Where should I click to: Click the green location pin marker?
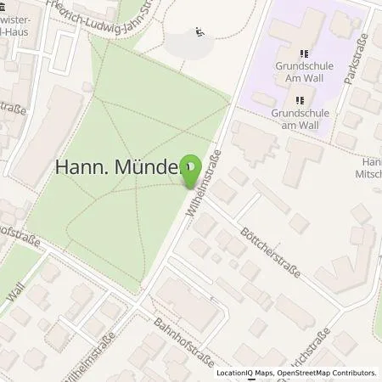pyautogui.click(x=194, y=171)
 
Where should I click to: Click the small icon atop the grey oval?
pyautogui.click(x=199, y=33)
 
